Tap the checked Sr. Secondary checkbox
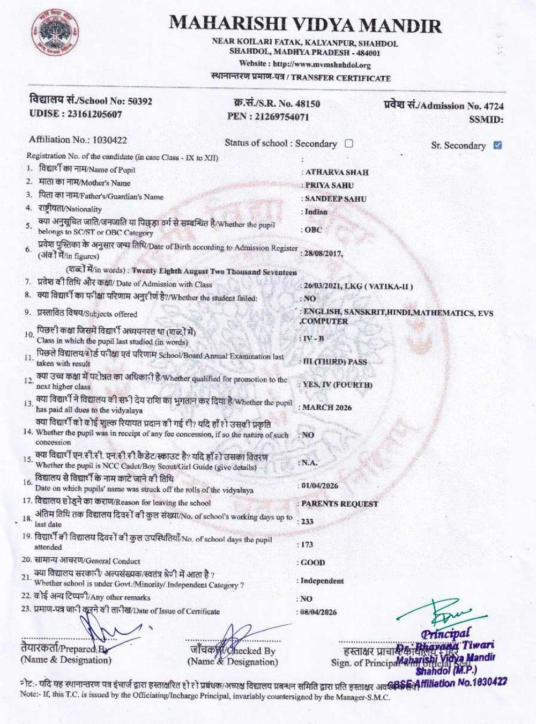[497, 145]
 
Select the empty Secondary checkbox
[349, 143]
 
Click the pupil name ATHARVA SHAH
[337, 172]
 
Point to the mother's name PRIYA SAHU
[330, 186]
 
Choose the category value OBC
[314, 230]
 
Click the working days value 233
[307, 521]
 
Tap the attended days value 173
[307, 544]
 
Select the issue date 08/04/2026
[319, 612]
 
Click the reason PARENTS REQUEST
[339, 504]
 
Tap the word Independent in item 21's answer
[322, 581]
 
